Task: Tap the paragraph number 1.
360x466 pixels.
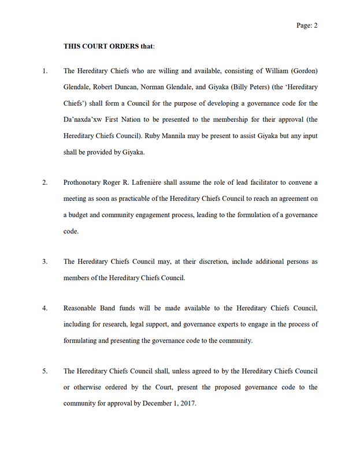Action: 44,71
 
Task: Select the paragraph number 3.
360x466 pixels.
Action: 44,262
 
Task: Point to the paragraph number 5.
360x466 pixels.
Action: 44,371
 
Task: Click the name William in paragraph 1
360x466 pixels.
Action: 268,71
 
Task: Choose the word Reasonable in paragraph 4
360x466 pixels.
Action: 83,308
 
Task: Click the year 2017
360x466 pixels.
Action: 187,403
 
